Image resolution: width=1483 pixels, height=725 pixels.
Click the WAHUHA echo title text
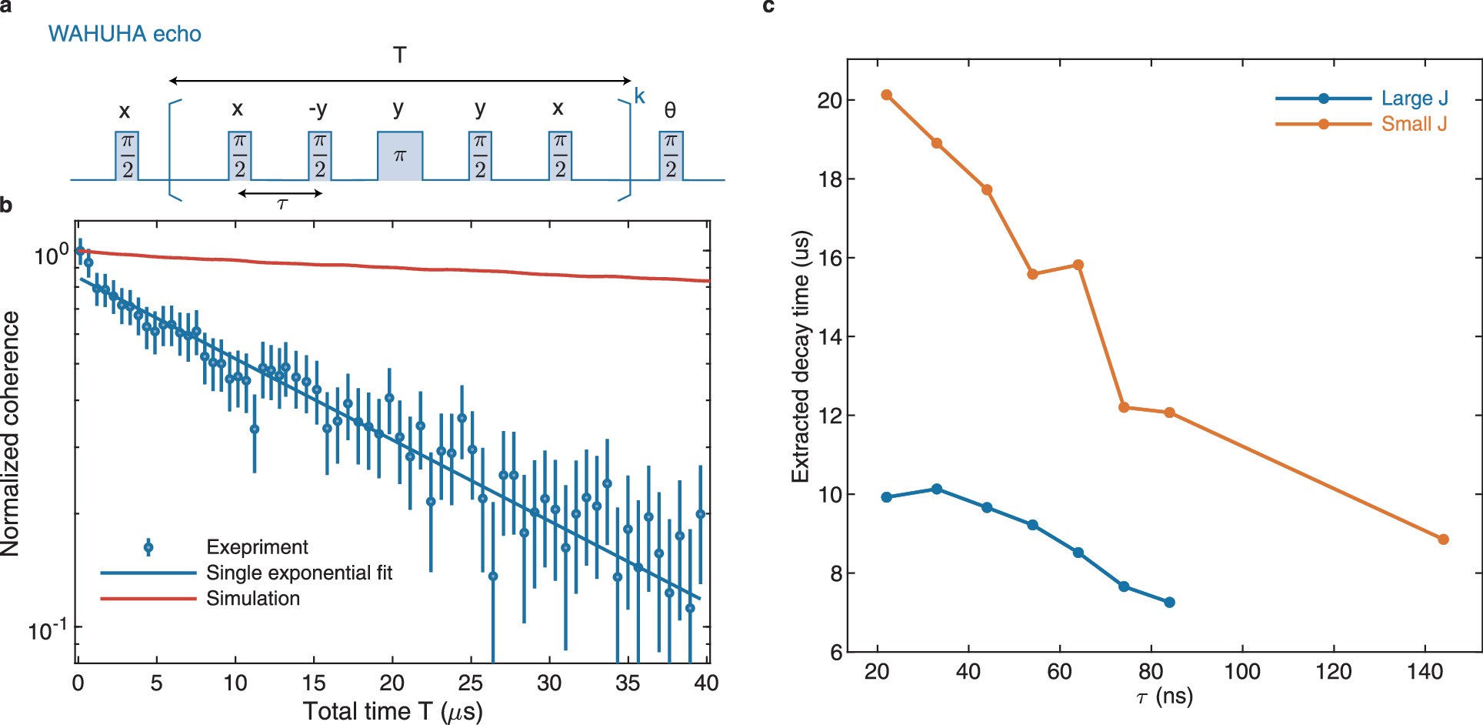pos(125,34)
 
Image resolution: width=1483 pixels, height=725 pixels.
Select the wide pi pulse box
pos(399,156)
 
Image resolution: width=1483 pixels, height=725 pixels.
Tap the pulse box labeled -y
pos(319,156)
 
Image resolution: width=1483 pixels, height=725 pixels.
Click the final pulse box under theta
pos(670,156)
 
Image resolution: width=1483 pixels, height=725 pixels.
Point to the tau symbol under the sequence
pos(282,204)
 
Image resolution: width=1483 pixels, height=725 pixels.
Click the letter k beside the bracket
pos(639,97)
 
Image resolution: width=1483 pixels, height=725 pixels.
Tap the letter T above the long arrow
pos(399,55)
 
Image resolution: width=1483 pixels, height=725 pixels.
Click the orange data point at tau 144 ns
pos(1443,540)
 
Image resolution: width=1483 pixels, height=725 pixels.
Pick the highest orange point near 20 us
pos(886,95)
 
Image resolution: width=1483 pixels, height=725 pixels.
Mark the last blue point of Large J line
pos(1169,602)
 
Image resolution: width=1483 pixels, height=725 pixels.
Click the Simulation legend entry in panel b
pos(252,599)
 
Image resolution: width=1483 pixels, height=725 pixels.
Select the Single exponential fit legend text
pos(298,573)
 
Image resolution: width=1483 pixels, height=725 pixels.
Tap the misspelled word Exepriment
pos(257,547)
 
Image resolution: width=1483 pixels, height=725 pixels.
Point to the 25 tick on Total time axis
pos(470,683)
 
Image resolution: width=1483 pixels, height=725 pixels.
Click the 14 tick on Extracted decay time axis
pos(829,336)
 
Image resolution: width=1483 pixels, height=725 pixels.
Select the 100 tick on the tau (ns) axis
pos(1242,672)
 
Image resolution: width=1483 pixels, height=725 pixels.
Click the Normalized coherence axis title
pos(11,433)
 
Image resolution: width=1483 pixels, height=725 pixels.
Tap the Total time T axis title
pos(392,710)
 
